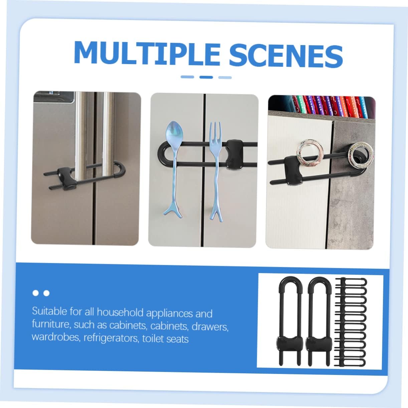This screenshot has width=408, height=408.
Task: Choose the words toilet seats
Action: pyautogui.click(x=165, y=339)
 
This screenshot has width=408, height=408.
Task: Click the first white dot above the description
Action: pyautogui.click(x=36, y=293)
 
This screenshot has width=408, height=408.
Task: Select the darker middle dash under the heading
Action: pyautogui.click(x=206, y=77)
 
